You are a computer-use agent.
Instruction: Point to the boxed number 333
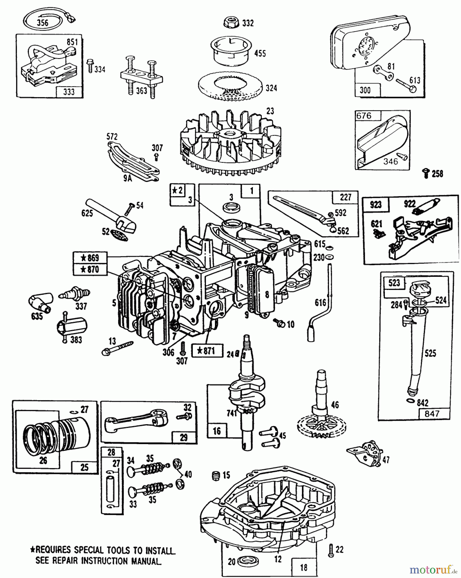click(68, 92)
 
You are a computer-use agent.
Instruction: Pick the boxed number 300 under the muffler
click(365, 90)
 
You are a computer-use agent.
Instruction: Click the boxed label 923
click(375, 204)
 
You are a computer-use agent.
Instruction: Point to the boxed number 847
click(432, 414)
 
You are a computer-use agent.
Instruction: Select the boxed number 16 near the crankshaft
click(217, 431)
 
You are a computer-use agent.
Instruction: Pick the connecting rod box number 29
click(184, 437)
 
